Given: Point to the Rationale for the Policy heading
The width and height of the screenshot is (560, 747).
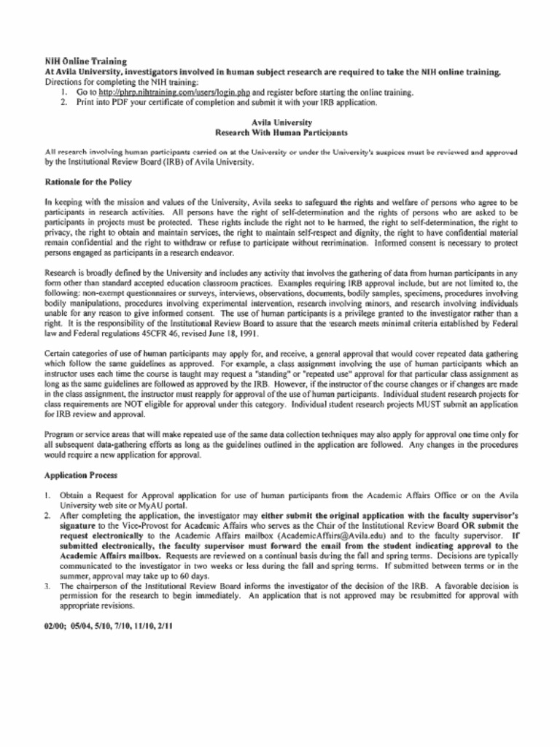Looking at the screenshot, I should point(88,181).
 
